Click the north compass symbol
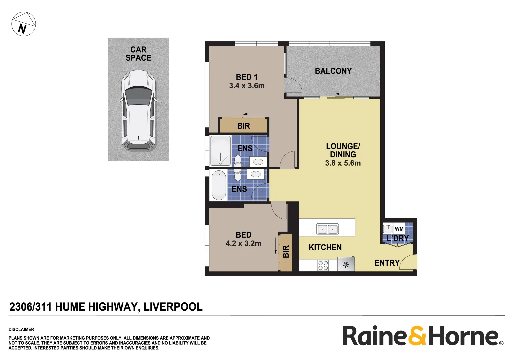(23, 24)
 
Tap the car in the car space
(138, 110)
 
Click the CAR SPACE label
(138, 54)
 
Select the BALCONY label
(333, 71)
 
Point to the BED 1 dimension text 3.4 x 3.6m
(247, 86)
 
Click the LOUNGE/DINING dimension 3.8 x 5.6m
(343, 163)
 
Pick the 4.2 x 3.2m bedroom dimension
(243, 243)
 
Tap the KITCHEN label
(325, 247)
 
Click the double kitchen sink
(327, 229)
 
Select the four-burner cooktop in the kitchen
(323, 265)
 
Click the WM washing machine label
(399, 229)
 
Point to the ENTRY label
(387, 263)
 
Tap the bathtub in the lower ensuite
(219, 185)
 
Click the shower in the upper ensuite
(220, 150)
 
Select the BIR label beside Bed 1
(244, 126)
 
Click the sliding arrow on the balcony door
(343, 94)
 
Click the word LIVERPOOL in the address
(173, 307)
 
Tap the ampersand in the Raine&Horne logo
(417, 336)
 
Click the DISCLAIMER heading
(21, 329)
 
